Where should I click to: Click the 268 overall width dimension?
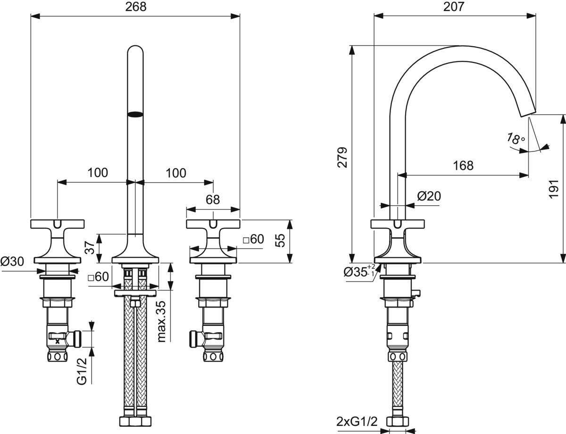pyautogui.click(x=136, y=7)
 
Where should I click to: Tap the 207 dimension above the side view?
pyautogui.click(x=454, y=7)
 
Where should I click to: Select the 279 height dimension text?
pyautogui.click(x=342, y=158)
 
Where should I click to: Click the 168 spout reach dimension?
pyautogui.click(x=463, y=166)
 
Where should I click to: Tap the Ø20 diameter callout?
pyautogui.click(x=429, y=196)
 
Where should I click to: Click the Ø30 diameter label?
pyautogui.click(x=12, y=261)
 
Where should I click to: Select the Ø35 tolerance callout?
pyautogui.click(x=359, y=272)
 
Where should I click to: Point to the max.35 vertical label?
pyautogui.click(x=161, y=321)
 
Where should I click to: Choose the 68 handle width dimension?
pyautogui.click(x=213, y=200)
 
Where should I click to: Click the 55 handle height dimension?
pyautogui.click(x=280, y=240)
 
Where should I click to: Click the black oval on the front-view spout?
pyautogui.click(x=135, y=114)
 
